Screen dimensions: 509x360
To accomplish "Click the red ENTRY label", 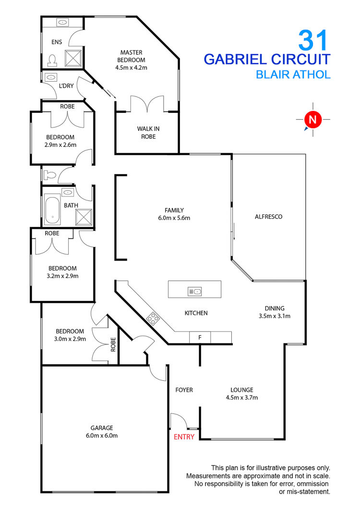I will tap(184, 436).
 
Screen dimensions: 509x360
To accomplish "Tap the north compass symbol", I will tap(312, 119).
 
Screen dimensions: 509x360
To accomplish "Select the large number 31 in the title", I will tap(313, 40).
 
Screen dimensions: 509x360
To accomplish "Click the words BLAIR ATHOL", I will tap(293, 74).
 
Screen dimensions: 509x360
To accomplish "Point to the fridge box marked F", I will tap(200, 338).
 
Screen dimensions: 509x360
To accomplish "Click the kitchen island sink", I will tap(195, 291).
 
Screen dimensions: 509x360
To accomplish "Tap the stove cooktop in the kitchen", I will tap(153, 317).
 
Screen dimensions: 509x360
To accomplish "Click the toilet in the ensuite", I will tap(53, 60).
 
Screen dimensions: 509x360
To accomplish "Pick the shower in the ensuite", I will tap(73, 57).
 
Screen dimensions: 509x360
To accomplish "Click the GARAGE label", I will tap(101, 428).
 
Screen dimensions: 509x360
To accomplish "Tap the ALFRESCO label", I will tap(268, 217).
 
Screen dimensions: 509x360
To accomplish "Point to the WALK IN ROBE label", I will tap(146, 133).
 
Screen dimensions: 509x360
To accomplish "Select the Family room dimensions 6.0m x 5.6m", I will tap(174, 218).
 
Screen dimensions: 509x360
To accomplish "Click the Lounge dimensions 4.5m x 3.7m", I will tap(241, 398).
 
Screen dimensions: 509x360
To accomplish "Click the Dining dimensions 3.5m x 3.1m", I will tap(275, 316).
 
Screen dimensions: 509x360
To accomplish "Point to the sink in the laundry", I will tap(51, 77).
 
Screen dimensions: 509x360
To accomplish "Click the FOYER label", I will tap(184, 390).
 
